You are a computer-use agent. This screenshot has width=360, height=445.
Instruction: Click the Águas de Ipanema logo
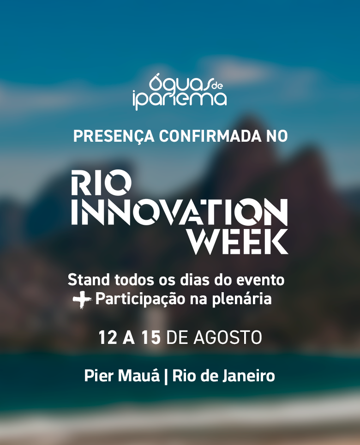[180, 91]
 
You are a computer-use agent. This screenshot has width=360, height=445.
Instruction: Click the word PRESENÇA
[114, 137]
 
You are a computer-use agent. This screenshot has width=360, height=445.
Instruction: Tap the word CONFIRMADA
[210, 136]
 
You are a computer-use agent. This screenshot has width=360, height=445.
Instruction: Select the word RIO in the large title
[101, 182]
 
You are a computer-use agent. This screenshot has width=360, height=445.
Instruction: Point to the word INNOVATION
[180, 212]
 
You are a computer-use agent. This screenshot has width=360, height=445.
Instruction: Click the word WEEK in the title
[239, 241]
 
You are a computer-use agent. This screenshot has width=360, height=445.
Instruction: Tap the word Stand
[89, 280]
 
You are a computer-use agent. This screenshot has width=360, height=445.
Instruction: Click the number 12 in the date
[108, 338]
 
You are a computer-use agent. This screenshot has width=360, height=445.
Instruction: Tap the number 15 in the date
[151, 338]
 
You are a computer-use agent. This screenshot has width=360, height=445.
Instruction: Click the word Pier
[99, 376]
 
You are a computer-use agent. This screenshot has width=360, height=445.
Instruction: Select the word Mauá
[139, 375]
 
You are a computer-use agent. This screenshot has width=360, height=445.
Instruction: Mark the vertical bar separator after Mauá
[166, 376]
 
